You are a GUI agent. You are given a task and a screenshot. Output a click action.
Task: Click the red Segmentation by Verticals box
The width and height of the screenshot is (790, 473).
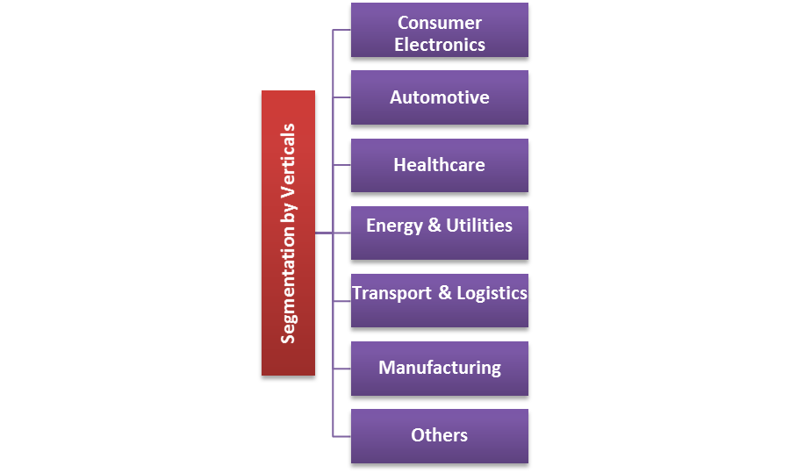288,233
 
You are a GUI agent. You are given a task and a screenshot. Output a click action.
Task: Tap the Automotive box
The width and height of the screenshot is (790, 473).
439,97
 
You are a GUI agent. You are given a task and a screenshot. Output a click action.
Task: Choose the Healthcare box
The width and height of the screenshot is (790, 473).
439,165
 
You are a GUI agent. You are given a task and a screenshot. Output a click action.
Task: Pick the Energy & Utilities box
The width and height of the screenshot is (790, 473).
439,233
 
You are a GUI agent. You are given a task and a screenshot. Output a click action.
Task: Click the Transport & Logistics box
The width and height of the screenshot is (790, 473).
439,300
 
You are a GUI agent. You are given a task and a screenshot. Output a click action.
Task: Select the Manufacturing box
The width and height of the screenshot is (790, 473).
439,368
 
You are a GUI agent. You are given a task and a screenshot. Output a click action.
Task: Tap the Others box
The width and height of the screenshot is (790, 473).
439,435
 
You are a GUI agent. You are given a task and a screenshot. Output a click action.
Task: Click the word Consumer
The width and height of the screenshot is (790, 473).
439,23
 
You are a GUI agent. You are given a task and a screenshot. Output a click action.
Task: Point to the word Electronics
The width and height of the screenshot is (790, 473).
439,44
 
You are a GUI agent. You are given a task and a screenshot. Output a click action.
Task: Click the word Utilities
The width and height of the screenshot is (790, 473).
479,226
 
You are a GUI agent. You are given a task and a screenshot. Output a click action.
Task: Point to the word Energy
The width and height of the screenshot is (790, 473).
394,226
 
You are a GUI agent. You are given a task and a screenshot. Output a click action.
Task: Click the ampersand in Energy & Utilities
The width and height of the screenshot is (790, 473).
434,226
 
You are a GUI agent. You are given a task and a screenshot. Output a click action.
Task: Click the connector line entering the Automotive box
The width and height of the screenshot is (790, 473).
342,97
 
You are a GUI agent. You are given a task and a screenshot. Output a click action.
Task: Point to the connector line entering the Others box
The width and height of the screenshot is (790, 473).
342,435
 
